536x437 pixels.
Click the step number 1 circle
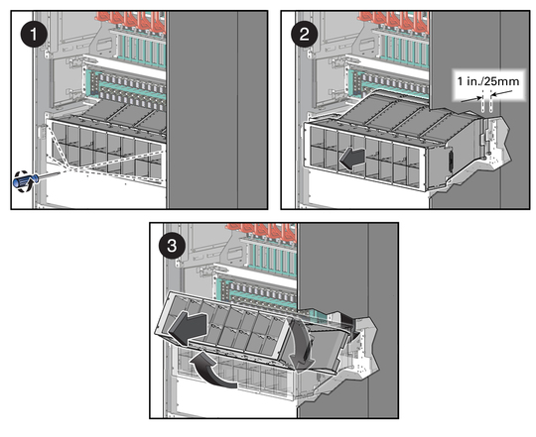click(34, 34)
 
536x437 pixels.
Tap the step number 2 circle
click(304, 34)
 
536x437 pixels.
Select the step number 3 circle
click(172, 246)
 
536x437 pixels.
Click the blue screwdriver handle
click(24, 180)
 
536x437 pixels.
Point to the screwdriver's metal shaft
click(50, 175)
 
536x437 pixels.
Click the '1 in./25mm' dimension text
click(488, 81)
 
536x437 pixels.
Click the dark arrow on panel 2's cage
click(352, 159)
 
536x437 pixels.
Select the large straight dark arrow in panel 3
click(188, 327)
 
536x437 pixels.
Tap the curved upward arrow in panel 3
click(213, 372)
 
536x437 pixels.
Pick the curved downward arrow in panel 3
click(300, 345)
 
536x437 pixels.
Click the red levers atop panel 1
click(132, 21)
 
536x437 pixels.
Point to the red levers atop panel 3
click(261, 232)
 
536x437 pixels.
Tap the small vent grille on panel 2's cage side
click(451, 161)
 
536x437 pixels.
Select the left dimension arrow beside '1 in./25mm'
click(471, 100)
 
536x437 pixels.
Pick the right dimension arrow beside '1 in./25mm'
click(502, 93)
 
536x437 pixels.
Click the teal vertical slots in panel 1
click(142, 52)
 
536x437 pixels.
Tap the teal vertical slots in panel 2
click(406, 52)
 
